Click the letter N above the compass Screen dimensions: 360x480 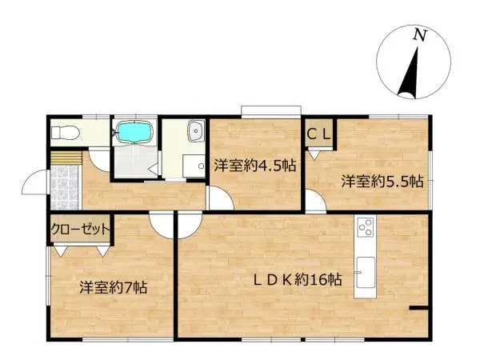tap(418, 34)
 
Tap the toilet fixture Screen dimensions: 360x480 tap(64, 132)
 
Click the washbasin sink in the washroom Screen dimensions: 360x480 tap(193, 133)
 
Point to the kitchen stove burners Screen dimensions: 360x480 tap(365, 228)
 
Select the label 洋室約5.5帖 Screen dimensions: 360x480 tap(371, 181)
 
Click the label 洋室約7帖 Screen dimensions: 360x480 tap(111, 286)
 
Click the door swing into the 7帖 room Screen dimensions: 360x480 tap(162, 226)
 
